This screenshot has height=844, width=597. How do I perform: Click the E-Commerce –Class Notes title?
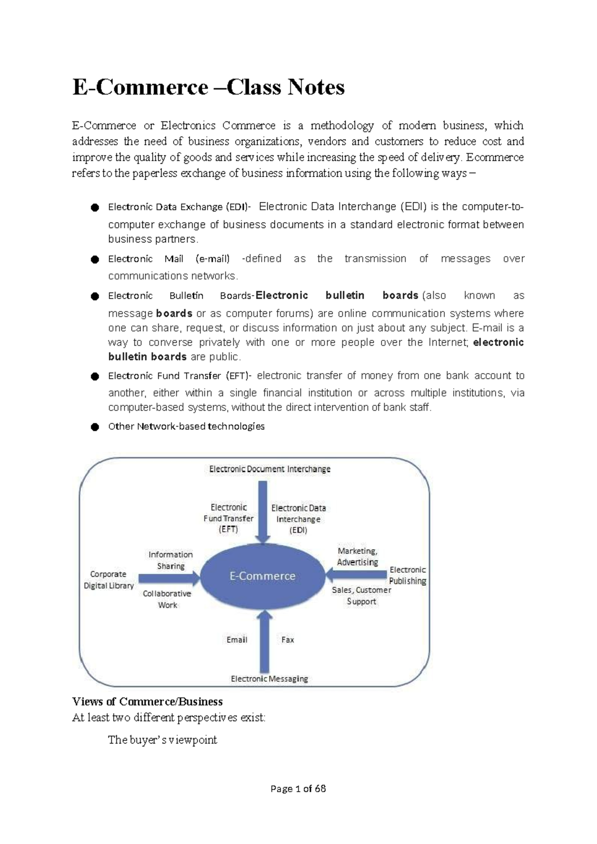coord(208,88)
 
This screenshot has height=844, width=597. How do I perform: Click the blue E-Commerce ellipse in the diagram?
coord(262,576)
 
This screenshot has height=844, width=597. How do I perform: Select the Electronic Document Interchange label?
coord(270,469)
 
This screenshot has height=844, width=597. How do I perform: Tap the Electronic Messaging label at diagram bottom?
coord(269,679)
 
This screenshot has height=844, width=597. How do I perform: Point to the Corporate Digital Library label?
coord(108,580)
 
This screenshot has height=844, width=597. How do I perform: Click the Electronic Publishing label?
coord(407,575)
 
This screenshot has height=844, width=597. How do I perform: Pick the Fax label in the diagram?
coord(288,640)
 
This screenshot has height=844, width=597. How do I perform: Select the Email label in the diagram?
coord(237,640)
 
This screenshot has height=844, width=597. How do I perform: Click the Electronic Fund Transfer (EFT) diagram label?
coord(228,518)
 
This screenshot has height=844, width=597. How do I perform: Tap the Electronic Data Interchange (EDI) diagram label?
coord(298,519)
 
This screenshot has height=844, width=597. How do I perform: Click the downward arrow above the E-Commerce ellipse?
coord(262,510)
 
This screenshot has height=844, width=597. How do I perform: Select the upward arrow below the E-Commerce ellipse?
coord(264,642)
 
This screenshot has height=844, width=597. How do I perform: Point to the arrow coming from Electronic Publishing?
coord(356,575)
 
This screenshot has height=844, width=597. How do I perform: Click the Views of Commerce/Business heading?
coord(147,702)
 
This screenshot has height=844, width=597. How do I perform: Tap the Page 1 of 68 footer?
coord(298,789)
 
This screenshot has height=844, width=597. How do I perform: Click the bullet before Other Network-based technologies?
coord(95,427)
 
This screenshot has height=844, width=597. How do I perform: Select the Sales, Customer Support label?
coord(361,596)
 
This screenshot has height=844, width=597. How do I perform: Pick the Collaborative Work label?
coord(167,599)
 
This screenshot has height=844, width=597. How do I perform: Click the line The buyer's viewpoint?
coord(162,740)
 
